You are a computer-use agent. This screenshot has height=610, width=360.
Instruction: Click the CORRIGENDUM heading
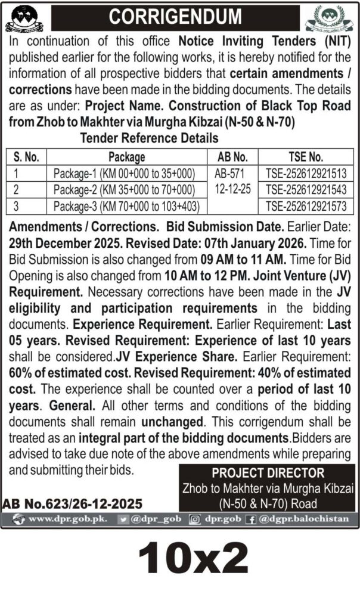[x=176, y=17]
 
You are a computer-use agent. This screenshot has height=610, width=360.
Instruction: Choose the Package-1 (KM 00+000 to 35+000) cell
[x=124, y=173]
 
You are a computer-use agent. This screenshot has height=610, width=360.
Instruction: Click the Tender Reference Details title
[x=149, y=138]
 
